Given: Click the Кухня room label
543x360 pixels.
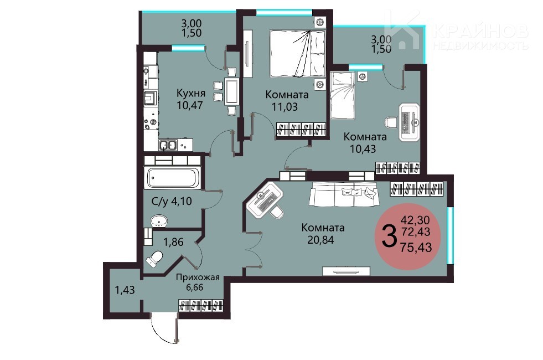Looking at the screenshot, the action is point(191,93).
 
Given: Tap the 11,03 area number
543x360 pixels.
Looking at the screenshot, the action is point(285,107).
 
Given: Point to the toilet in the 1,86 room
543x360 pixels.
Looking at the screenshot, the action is point(154,258).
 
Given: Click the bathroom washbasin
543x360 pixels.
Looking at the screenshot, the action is point(159,222).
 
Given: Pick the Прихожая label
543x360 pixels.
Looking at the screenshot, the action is point(198,277).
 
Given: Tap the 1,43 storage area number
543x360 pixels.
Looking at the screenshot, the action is point(125,290).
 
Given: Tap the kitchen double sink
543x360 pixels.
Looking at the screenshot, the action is point(168,145).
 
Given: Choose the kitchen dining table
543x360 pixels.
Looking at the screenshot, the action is point(231,91).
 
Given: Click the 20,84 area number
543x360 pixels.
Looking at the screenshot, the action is point(320,239).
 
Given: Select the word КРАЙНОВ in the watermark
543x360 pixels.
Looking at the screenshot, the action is point(480,32).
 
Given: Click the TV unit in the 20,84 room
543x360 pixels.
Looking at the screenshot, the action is point(347,271).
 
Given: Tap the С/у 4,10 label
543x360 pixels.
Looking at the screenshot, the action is point(172,201).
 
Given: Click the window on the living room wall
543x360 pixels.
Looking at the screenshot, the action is point(450,235).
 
